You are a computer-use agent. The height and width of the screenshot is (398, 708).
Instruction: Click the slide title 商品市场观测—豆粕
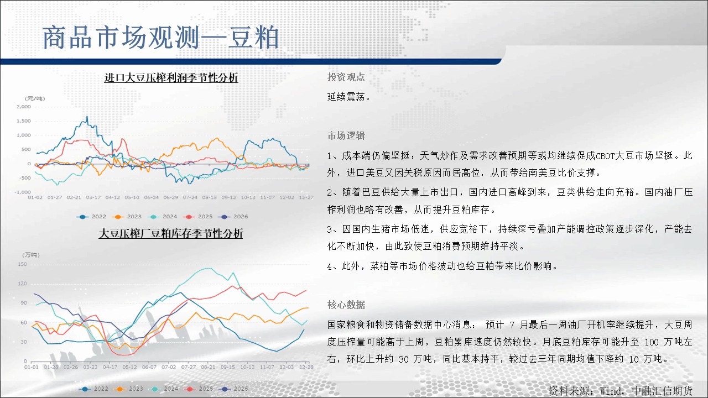[x=160, y=38]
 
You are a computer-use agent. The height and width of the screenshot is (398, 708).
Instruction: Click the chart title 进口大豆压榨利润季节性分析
[x=171, y=78]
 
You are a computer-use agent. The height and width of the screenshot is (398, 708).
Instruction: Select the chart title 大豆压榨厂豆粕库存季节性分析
[x=171, y=234]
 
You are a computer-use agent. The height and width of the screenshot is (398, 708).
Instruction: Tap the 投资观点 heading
[x=346, y=77]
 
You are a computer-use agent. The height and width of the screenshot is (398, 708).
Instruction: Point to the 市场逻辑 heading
[x=346, y=135]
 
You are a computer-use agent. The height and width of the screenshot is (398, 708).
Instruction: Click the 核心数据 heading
[x=346, y=305]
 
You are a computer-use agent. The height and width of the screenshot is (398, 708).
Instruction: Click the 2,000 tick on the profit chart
[x=24, y=107]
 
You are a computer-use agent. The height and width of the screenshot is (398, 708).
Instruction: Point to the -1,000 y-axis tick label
[x=23, y=192]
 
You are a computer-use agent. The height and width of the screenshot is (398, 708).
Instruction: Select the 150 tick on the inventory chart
[x=22, y=264]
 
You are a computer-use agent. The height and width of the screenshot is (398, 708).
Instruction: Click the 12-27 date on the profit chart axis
[x=306, y=197]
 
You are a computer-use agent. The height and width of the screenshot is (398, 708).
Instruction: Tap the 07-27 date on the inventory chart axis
[x=189, y=367]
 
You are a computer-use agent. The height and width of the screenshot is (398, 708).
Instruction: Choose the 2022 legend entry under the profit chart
[x=91, y=217]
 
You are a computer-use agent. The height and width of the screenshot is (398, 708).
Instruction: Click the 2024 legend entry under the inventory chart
[x=163, y=389]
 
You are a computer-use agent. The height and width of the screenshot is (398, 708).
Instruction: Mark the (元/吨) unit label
[x=35, y=98]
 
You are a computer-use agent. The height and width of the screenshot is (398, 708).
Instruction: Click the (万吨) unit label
[x=30, y=255]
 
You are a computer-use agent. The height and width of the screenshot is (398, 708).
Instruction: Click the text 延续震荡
[x=346, y=97]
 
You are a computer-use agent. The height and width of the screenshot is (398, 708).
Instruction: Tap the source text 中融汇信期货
[x=662, y=391]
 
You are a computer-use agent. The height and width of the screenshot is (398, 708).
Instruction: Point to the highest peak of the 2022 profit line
[x=87, y=117]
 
